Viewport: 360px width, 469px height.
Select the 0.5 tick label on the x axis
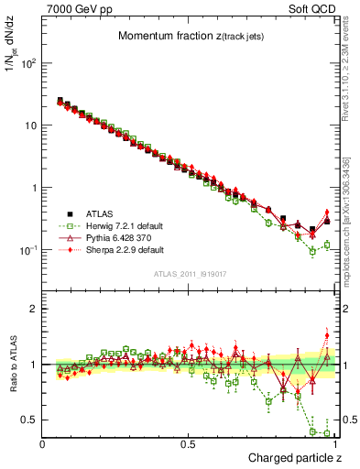click(189, 444)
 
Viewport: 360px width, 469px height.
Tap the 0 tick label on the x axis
click(43, 444)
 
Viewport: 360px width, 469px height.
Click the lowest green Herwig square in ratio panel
click(327, 433)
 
